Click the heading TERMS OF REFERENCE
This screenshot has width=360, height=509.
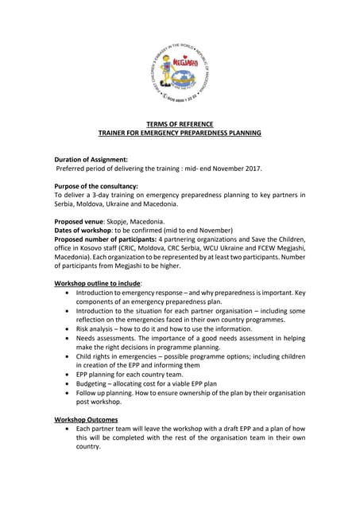pos(179,124)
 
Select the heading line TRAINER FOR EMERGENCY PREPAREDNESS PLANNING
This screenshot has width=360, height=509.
pos(179,133)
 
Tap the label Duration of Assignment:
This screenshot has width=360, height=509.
pos(91,159)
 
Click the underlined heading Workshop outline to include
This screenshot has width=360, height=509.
pos(97,283)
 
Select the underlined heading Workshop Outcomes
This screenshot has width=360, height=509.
pos(86,418)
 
